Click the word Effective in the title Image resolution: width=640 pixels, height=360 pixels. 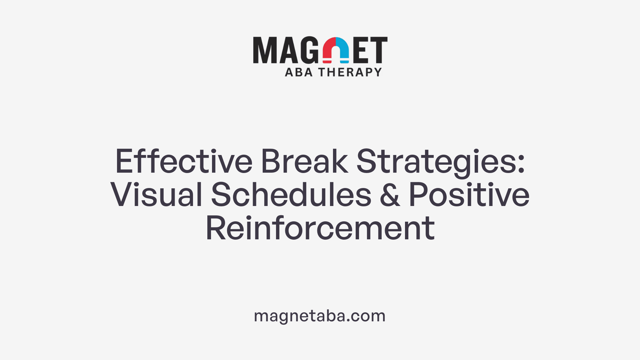(184, 162)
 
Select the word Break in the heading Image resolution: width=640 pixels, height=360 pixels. (304, 162)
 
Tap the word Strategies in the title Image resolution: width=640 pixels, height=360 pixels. (437, 162)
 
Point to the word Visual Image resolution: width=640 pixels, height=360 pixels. (156, 195)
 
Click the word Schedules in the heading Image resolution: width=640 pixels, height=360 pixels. (291, 195)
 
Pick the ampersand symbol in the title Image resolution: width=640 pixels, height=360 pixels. (390, 195)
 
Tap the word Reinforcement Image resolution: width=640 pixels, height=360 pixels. (320, 228)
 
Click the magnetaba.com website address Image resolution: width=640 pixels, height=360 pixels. (320, 316)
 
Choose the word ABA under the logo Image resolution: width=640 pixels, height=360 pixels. (299, 72)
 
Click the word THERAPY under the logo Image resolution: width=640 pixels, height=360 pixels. (350, 72)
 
